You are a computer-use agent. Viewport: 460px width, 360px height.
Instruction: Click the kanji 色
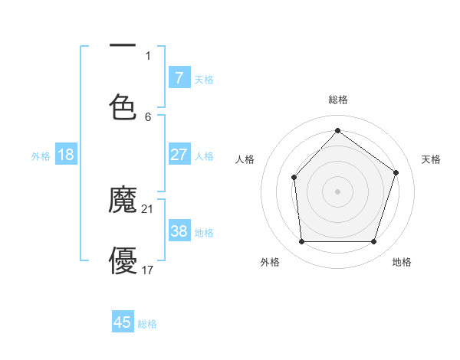coord(123,106)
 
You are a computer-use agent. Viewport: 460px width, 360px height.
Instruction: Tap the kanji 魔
coord(123,201)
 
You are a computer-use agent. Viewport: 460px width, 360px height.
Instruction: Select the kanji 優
coord(123,260)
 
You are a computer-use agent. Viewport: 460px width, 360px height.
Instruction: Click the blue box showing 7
coord(179,78)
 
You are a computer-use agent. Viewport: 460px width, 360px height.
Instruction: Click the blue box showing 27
coord(179,155)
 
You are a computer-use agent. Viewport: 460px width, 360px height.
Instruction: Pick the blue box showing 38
coord(179,231)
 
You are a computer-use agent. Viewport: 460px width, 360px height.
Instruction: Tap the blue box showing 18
coord(66,155)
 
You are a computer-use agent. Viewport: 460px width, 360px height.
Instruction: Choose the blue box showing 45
coord(123,322)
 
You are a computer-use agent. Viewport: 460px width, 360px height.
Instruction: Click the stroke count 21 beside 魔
coord(149,209)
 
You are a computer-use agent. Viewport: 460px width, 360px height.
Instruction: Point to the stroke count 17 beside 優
coord(148,270)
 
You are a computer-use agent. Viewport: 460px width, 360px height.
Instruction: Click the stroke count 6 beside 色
coord(148,116)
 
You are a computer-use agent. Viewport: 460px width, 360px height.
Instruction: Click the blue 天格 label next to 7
coord(204,79)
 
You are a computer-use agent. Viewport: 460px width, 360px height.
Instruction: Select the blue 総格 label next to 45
coord(147,324)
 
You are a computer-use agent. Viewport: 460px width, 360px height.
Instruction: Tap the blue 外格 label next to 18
coord(41,155)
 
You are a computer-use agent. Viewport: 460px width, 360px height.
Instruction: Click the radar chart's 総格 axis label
coord(338,100)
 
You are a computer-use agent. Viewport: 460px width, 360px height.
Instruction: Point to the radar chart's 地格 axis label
coord(402,262)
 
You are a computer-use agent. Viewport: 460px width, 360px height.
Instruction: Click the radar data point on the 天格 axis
coord(396,172)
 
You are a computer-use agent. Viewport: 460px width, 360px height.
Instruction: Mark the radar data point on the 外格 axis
coord(301,242)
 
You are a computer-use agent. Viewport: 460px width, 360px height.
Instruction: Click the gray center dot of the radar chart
coord(337,191)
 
